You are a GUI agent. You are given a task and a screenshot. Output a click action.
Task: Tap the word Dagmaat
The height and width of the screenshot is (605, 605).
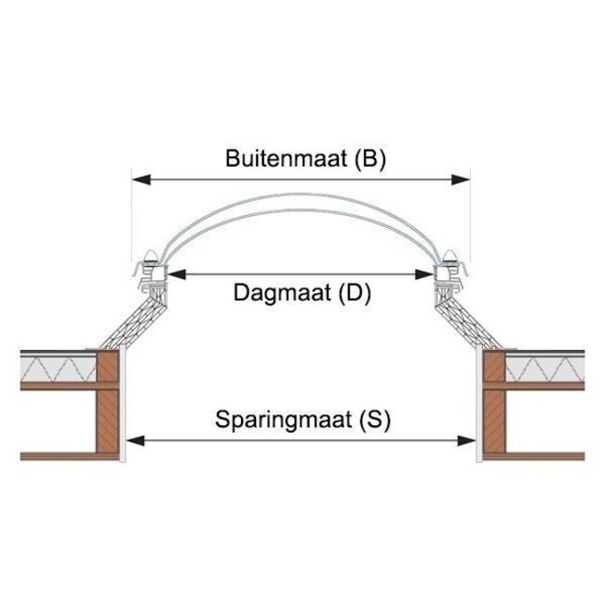point(276,294)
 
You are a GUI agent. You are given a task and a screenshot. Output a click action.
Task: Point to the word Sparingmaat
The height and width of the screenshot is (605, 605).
point(280,420)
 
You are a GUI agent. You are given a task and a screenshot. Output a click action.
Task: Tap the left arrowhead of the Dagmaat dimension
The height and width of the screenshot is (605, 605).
point(173,275)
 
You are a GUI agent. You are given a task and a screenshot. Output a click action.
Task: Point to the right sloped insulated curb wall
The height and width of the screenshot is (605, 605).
point(465,317)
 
